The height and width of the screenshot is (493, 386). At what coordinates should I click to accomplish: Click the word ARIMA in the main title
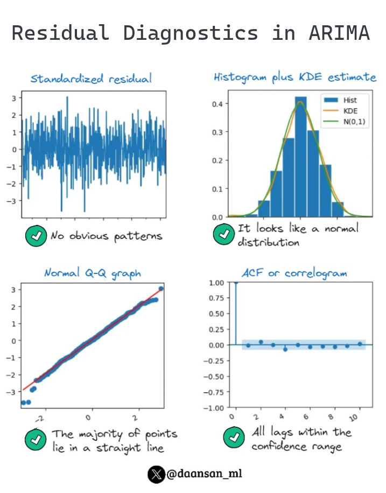coord(339,33)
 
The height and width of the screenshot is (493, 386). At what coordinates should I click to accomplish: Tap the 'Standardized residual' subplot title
coord(91,79)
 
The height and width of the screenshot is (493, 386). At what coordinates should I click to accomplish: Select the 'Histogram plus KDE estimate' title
coord(294,77)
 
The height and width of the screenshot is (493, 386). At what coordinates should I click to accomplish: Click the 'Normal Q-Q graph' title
coord(93,273)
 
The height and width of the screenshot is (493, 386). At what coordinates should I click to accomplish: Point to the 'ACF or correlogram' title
coord(294,273)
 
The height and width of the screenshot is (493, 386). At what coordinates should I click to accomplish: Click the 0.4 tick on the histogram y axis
coord(218,103)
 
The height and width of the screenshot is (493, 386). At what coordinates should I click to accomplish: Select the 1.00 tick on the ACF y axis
coord(216,283)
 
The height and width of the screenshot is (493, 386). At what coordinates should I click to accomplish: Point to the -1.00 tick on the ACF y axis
coord(215,408)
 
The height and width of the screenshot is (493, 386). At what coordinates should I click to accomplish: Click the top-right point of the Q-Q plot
coord(161,289)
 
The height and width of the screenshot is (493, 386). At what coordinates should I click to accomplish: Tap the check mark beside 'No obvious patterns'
coord(36,236)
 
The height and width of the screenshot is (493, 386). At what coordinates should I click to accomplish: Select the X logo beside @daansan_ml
coord(156,474)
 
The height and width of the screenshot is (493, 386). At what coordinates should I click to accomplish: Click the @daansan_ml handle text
coord(204,474)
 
